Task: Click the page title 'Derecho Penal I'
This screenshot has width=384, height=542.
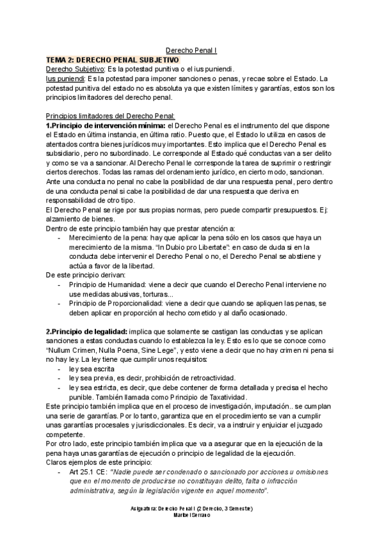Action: point(191,50)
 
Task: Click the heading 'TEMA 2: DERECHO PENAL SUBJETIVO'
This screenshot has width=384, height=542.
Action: point(113,59)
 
